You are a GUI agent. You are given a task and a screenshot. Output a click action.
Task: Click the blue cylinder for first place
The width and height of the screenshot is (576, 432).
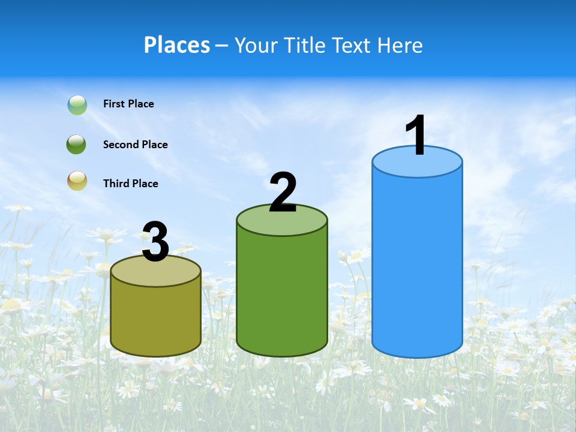[x=417, y=264]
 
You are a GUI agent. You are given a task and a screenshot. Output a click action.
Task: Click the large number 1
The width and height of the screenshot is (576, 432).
[x=416, y=136]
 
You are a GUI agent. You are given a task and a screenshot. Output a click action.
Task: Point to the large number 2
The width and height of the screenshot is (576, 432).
[x=283, y=192]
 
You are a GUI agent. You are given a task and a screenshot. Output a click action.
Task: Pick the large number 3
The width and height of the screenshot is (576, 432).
[x=156, y=242]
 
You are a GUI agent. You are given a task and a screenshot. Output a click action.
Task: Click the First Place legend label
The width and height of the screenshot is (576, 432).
[x=128, y=104]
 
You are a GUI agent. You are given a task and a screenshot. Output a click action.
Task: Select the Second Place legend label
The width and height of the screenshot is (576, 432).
[x=135, y=145]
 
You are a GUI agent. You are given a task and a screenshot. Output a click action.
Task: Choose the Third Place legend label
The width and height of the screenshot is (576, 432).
[x=130, y=184]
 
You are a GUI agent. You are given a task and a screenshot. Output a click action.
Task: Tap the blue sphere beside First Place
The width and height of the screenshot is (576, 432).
[x=77, y=105]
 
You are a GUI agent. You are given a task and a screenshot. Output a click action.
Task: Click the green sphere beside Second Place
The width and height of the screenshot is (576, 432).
[x=76, y=145]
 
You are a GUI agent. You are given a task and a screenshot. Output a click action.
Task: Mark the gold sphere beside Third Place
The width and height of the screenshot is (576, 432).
[x=77, y=181]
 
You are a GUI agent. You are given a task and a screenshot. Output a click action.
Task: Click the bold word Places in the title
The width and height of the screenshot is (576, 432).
[x=177, y=45]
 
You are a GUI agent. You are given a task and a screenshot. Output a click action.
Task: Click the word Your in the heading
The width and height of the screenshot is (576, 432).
[x=255, y=45]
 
